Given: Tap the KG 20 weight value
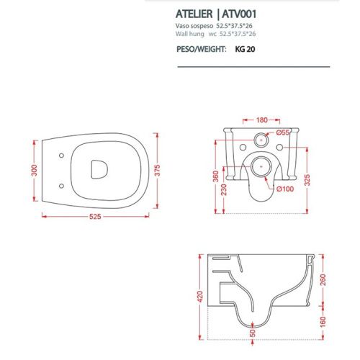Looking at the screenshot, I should [246, 50].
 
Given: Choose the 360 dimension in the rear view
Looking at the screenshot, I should [215, 174].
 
